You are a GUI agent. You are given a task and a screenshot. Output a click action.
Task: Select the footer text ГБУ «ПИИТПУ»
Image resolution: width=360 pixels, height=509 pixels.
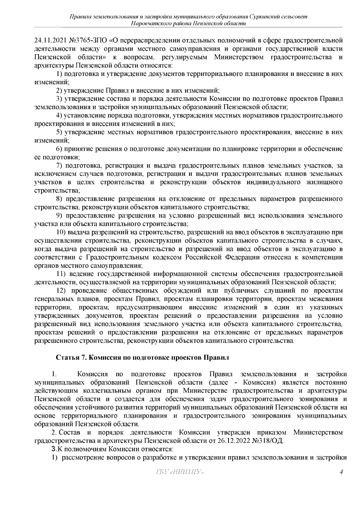click(180, 481)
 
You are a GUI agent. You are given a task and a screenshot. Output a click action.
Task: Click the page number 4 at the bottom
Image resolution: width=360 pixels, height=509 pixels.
click(341, 481)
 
